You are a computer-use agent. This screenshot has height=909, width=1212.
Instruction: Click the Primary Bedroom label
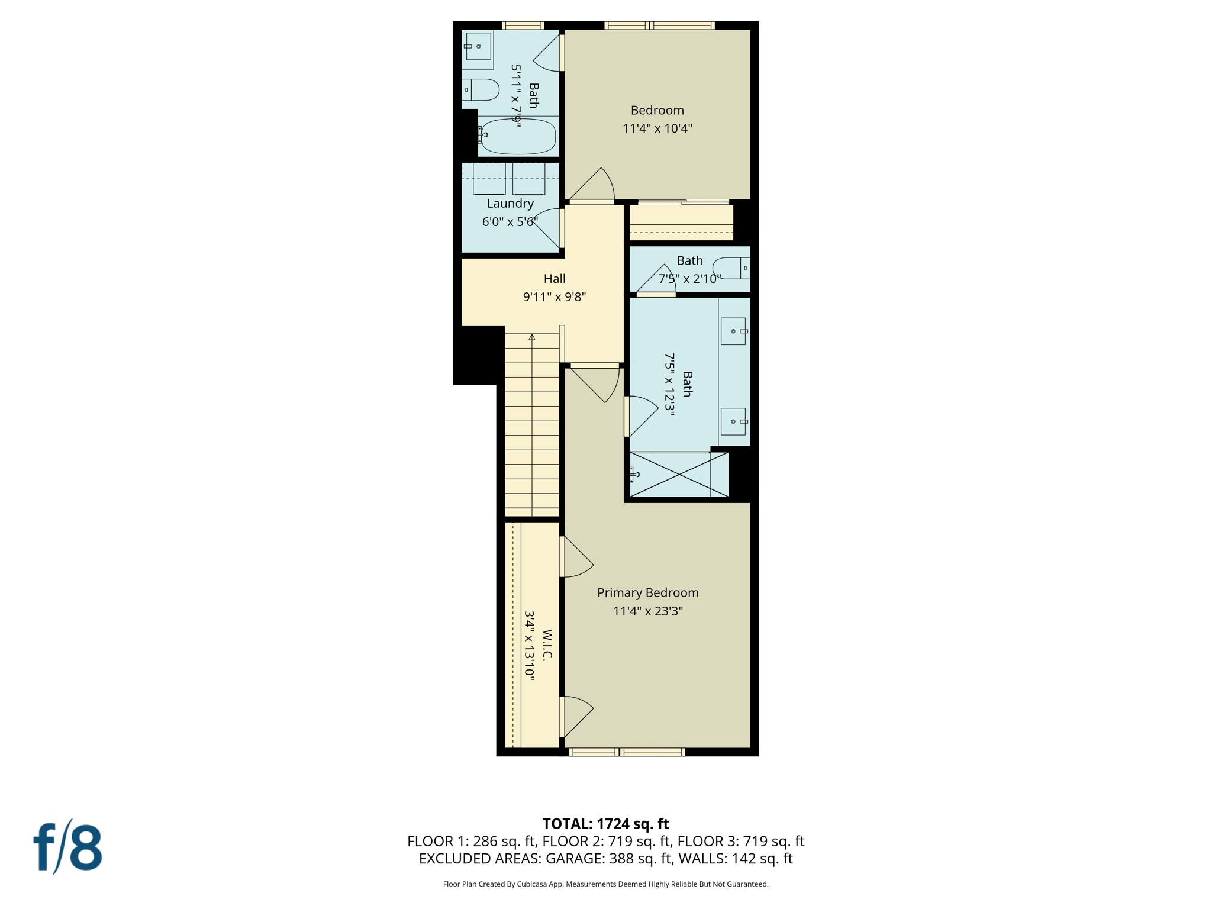[x=647, y=592]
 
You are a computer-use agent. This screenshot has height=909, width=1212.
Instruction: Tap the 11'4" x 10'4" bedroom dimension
[x=657, y=128]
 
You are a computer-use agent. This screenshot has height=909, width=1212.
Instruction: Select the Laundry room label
[x=510, y=204]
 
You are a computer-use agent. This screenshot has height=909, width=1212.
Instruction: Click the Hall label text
[x=555, y=279]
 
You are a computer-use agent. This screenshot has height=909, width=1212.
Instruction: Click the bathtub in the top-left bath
[x=518, y=136]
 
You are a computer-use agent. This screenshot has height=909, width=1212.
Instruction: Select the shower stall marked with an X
[x=678, y=475]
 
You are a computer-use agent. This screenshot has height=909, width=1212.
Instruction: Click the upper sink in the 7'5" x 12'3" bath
[x=733, y=331]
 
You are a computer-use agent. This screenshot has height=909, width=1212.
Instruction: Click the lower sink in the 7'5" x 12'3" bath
[x=733, y=421]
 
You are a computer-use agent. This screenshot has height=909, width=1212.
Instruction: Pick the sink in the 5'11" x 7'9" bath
[x=478, y=46]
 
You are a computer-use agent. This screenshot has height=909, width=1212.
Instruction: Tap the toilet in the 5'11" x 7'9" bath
[x=481, y=90]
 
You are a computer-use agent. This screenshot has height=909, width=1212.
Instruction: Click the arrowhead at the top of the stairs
[x=532, y=337]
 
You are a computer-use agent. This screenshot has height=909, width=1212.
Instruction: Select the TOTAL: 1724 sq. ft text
[x=605, y=824]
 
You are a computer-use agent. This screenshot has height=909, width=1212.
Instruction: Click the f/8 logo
[x=67, y=847]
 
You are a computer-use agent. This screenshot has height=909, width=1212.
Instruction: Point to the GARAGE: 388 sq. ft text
[x=609, y=859]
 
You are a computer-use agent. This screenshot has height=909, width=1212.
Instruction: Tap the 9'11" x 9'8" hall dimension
[x=555, y=297]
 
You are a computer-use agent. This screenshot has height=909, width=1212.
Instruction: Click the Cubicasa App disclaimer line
[x=605, y=884]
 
